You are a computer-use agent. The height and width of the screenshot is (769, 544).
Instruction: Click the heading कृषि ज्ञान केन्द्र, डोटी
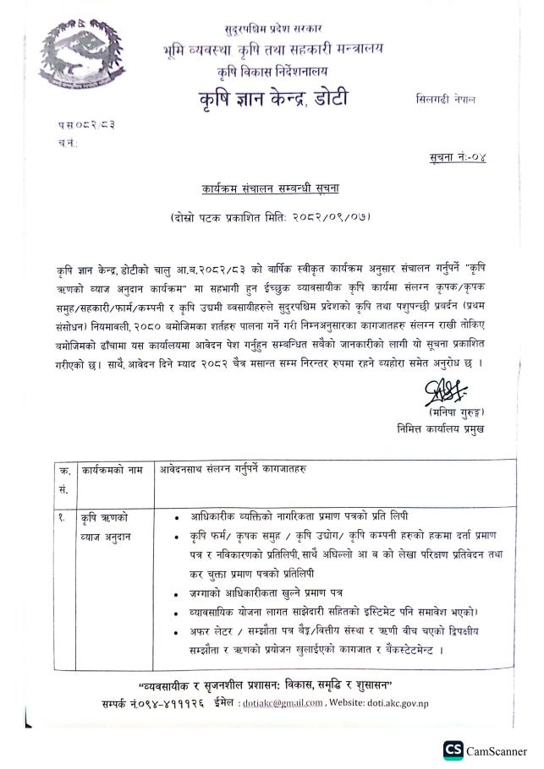click(x=272, y=99)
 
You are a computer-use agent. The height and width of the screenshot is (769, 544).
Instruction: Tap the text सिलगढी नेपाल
click(x=445, y=99)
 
